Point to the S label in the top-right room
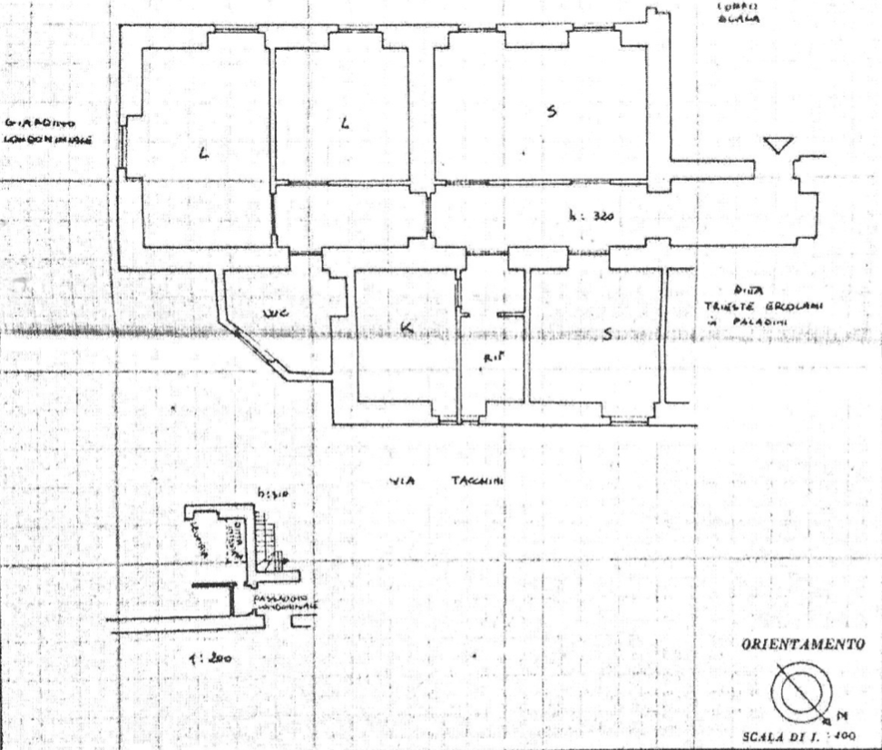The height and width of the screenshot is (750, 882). click(x=551, y=112)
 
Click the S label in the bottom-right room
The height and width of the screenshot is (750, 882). click(x=607, y=334)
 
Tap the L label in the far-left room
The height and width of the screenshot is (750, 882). click(x=203, y=155)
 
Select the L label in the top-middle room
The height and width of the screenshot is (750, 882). click(x=344, y=123)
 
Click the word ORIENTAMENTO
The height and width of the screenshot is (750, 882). click(x=801, y=644)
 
